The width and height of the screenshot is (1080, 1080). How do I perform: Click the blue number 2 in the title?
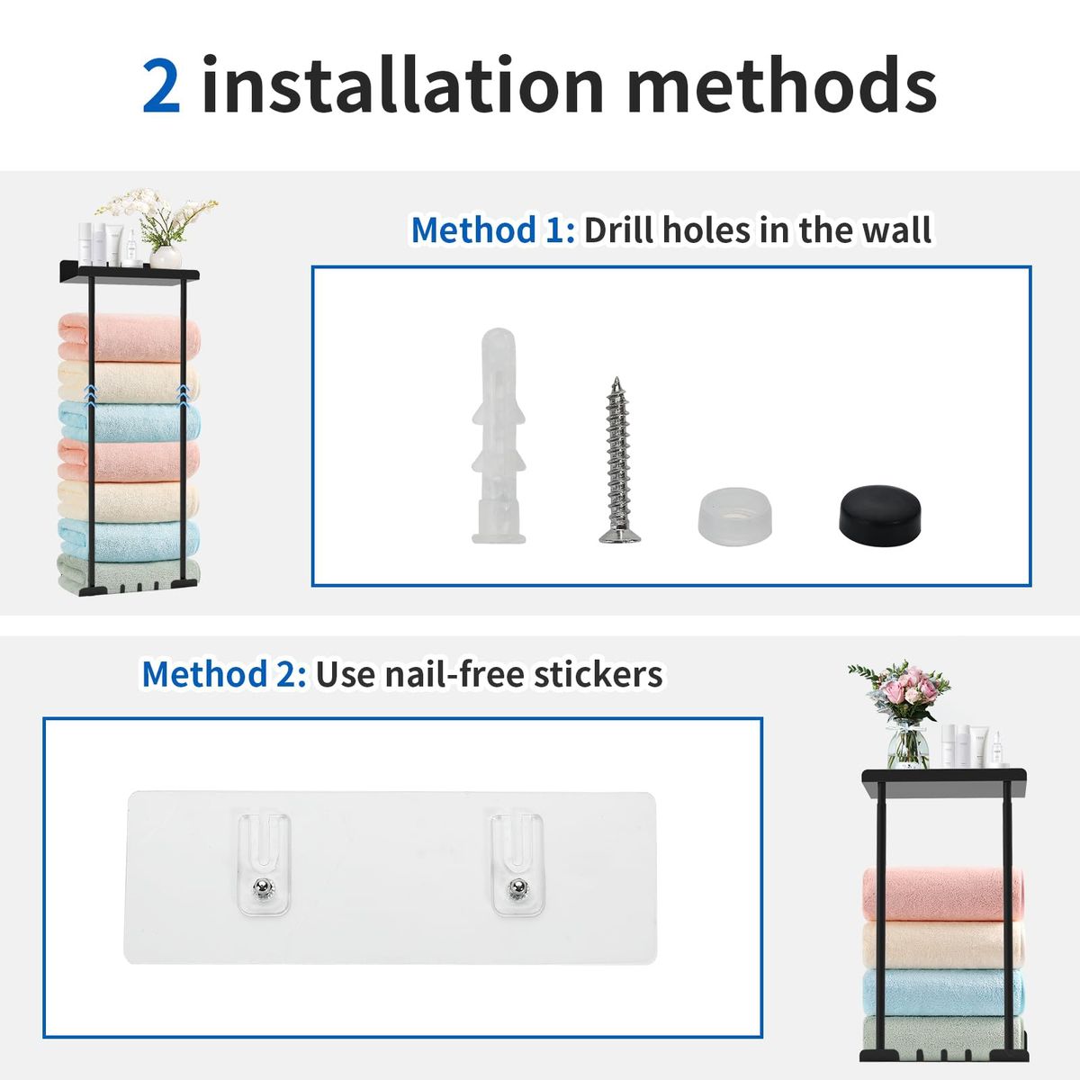point(162,86)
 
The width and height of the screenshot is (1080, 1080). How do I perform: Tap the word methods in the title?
point(781,86)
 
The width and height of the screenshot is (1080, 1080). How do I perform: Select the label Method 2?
point(223,674)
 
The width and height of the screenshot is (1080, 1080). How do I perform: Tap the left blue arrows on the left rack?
point(89,392)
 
